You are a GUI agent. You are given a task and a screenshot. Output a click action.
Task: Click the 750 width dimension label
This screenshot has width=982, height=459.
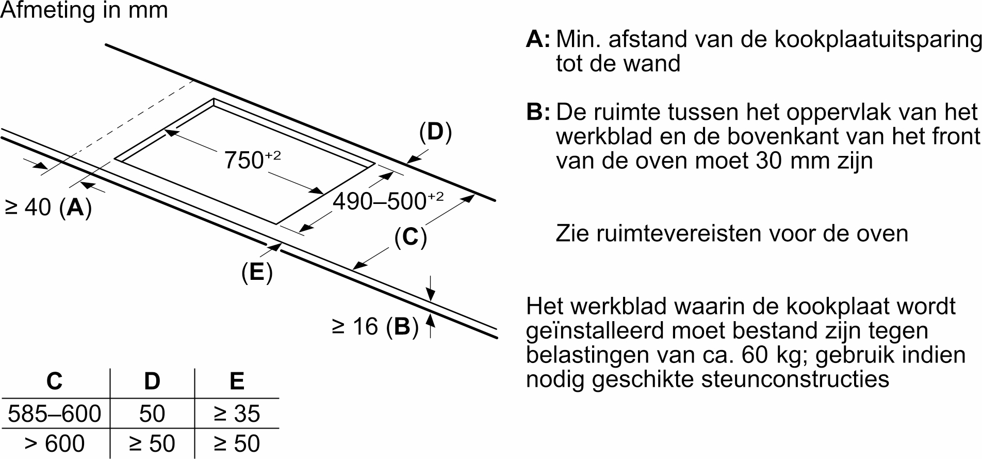252,160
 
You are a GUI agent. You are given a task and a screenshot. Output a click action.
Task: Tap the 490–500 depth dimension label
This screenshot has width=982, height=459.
387,201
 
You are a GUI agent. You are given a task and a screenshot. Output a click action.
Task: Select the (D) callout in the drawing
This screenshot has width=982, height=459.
435,132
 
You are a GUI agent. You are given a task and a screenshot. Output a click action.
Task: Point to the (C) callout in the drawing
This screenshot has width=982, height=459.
411,237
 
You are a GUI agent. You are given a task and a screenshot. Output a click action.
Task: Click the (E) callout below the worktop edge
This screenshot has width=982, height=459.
257,272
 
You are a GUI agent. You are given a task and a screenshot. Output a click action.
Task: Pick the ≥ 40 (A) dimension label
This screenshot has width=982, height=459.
48,207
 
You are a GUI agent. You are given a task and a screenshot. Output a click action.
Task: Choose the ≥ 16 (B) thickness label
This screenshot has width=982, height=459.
375,326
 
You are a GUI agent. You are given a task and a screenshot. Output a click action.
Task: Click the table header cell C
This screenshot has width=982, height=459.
54,381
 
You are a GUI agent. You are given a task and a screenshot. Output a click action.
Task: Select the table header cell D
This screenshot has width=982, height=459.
152,381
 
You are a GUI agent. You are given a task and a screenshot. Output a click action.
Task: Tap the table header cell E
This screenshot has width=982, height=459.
236,381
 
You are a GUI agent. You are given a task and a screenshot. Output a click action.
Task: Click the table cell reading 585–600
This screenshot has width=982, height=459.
55,414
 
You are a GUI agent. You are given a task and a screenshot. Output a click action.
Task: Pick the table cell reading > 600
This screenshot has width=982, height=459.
55,444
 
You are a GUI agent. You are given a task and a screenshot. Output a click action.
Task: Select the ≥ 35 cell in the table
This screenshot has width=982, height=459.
237,414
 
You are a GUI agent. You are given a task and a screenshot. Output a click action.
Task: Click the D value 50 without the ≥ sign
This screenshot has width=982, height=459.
152,414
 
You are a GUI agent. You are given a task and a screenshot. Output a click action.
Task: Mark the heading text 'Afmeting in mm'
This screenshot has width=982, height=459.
84,10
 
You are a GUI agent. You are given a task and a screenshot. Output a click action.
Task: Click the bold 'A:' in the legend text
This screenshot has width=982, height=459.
538,39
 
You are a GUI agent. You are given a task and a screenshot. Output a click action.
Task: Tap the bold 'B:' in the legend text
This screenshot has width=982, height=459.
538,112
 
